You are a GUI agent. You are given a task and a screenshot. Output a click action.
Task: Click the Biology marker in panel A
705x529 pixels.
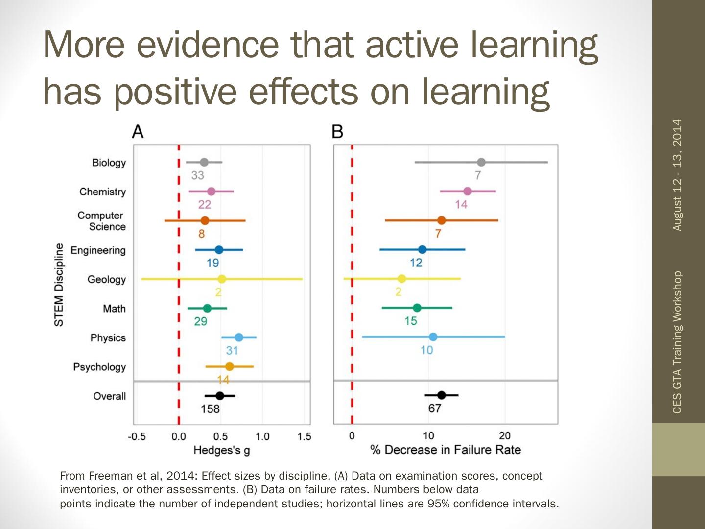point(204,163)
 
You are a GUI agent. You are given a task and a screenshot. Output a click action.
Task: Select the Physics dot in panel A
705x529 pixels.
point(239,337)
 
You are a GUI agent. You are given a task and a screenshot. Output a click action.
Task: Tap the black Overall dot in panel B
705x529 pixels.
point(441,395)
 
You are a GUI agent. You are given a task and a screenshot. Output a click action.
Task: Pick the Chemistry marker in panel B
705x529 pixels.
point(468,191)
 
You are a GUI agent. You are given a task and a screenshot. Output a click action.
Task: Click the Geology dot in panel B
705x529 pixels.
point(401,279)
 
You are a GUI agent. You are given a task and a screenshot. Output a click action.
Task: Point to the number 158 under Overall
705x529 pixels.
point(210,409)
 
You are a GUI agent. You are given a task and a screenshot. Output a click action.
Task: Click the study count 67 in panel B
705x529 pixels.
point(435,409)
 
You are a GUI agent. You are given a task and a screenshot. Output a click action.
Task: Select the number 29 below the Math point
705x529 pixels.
point(201,321)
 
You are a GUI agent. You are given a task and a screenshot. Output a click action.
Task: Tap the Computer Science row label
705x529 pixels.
point(101,221)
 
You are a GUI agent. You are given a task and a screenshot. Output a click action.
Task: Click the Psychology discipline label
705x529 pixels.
point(99,367)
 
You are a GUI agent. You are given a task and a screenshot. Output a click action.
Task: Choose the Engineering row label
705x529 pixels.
point(98,250)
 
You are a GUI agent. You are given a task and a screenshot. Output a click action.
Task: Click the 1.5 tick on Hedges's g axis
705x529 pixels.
point(304,436)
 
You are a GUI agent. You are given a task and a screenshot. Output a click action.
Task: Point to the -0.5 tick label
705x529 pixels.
point(137,436)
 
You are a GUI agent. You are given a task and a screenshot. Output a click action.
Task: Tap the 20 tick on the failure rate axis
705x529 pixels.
point(504,436)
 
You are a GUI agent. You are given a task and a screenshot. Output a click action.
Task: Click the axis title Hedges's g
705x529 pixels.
point(221,450)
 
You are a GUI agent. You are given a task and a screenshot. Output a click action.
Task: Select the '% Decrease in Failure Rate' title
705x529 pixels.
point(446,450)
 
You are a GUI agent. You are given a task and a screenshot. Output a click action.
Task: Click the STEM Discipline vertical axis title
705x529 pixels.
point(59,285)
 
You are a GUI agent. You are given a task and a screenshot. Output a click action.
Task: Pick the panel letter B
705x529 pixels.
point(337,132)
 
